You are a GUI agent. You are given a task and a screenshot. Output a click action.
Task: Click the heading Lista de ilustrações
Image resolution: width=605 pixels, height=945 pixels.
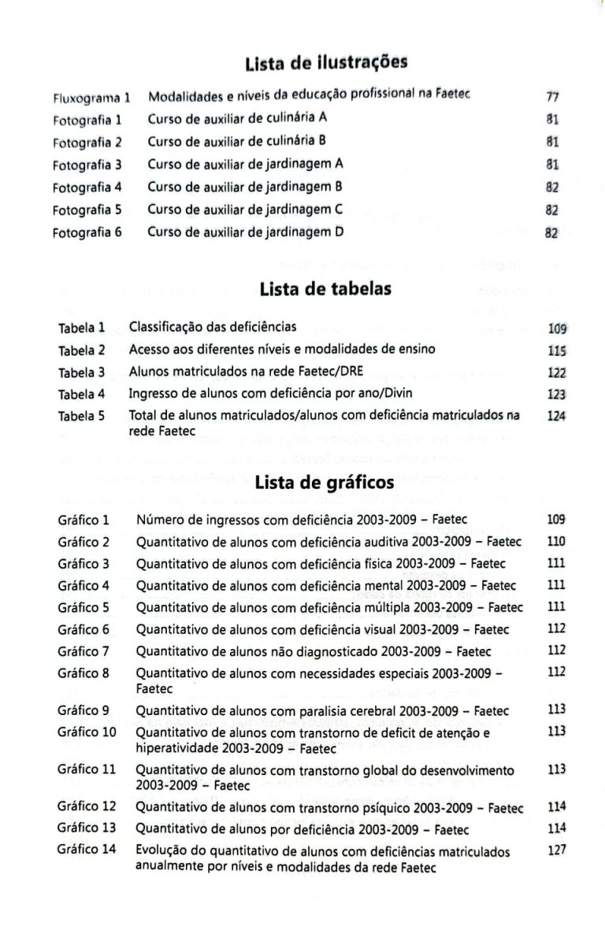point(325,61)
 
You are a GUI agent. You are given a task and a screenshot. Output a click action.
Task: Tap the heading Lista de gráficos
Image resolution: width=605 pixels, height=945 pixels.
point(325,484)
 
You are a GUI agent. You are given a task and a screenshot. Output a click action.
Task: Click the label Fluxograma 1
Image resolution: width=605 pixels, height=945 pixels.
point(91,98)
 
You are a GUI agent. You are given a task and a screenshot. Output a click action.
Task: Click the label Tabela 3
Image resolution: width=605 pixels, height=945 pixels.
point(80,371)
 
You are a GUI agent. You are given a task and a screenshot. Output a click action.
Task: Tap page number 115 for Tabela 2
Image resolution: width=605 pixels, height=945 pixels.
point(558,349)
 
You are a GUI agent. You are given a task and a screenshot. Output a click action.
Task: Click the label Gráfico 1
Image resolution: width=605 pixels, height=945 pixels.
point(83,520)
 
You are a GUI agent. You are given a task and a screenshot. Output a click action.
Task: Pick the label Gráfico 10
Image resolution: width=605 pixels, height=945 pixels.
point(87,732)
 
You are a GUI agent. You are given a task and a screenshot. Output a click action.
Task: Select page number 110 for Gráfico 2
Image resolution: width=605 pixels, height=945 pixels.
point(556,542)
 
